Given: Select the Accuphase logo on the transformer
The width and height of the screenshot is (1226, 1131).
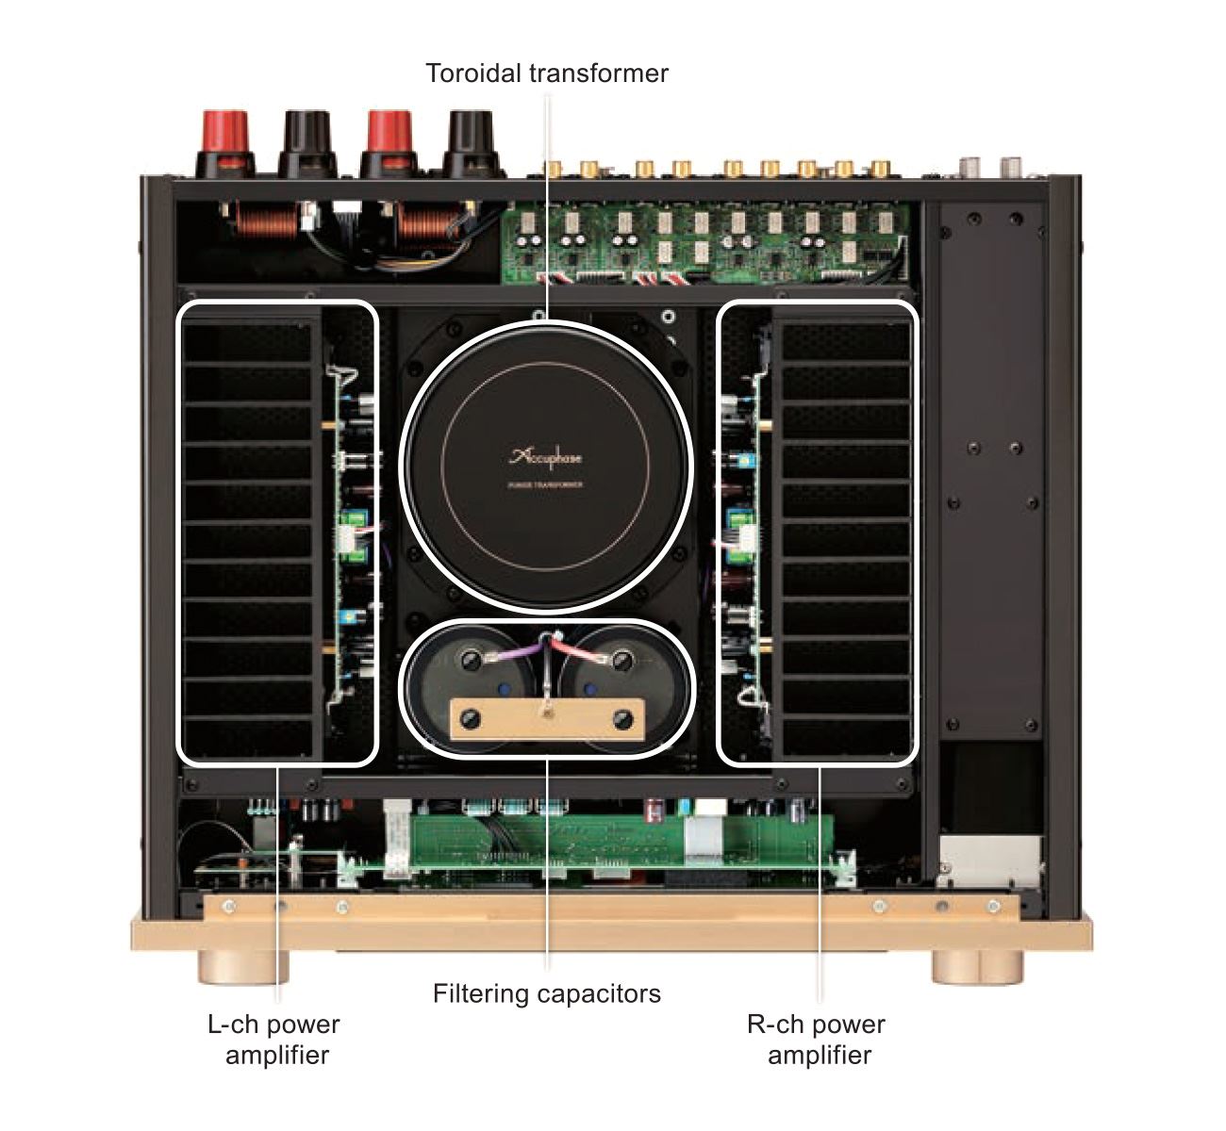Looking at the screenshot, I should pyautogui.click(x=546, y=458).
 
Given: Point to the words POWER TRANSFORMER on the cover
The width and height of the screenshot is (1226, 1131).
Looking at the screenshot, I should pyautogui.click(x=546, y=484).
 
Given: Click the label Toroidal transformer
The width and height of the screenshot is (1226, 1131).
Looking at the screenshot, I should pyautogui.click(x=546, y=74).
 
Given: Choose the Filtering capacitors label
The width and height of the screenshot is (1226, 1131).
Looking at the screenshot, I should pyautogui.click(x=546, y=993).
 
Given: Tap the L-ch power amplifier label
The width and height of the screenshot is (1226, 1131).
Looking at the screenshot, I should pyautogui.click(x=273, y=1039).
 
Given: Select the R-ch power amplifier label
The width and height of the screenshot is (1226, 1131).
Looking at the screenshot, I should pyautogui.click(x=817, y=1039).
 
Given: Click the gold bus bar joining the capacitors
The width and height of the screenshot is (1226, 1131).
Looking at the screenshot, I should pyautogui.click(x=546, y=720).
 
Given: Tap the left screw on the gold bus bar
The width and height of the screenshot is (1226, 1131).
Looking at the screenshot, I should pyautogui.click(x=471, y=720).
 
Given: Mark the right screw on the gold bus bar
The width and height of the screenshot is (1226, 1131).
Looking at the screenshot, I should pyautogui.click(x=621, y=720).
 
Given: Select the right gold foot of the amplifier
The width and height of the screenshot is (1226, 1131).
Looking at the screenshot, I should pyautogui.click(x=977, y=966).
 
